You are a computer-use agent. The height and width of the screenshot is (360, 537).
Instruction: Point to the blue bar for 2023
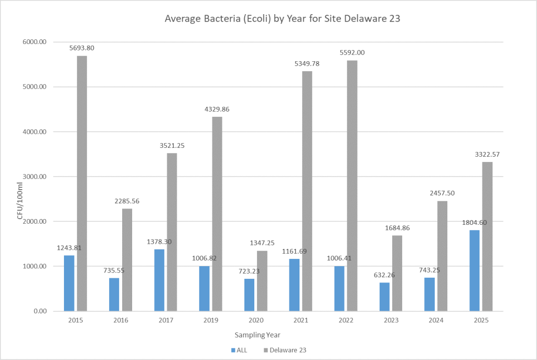(384, 297)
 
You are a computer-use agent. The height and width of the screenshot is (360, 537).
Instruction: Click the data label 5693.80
(82, 48)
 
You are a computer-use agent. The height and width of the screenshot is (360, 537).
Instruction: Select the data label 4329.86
(217, 109)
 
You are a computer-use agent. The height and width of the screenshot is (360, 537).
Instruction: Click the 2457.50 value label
(443, 193)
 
